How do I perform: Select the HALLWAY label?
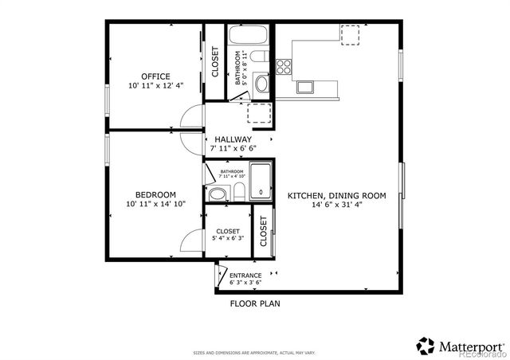[x=233, y=139]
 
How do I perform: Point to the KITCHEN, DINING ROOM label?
[x=336, y=195]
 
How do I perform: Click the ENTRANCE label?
[x=245, y=276]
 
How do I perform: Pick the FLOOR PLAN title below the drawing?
[x=255, y=303]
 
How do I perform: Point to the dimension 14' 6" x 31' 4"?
[x=336, y=204]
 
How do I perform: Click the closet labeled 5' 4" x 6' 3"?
[x=227, y=234]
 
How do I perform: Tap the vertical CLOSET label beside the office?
[x=215, y=61]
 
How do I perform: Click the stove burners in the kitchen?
[x=284, y=66]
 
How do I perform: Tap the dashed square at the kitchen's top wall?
[x=351, y=34]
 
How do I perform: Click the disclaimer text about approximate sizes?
[x=254, y=352]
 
